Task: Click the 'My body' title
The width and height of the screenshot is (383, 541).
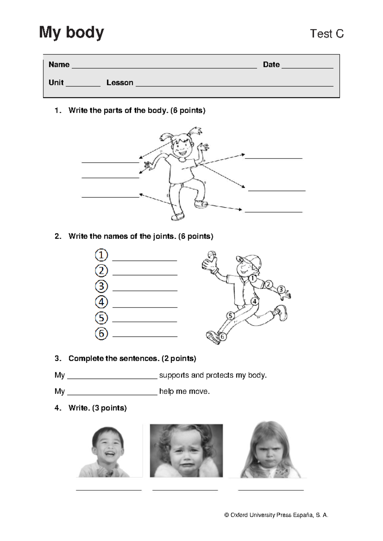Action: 71,33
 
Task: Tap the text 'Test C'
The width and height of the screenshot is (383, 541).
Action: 327,34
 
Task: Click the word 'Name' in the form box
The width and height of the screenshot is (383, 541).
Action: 59,64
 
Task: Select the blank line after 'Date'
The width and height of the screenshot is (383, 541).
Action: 307,68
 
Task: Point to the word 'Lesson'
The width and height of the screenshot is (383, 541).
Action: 120,83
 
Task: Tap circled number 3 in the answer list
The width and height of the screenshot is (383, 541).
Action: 101,286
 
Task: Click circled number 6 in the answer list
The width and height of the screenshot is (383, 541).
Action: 101,334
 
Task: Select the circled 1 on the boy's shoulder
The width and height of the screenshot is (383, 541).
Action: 252,278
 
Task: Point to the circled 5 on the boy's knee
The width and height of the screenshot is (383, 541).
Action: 230,316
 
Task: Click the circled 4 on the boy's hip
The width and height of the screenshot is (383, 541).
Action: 254,301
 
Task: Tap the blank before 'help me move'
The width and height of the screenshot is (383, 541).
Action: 112,395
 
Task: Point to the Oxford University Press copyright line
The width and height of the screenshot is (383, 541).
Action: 276,515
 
